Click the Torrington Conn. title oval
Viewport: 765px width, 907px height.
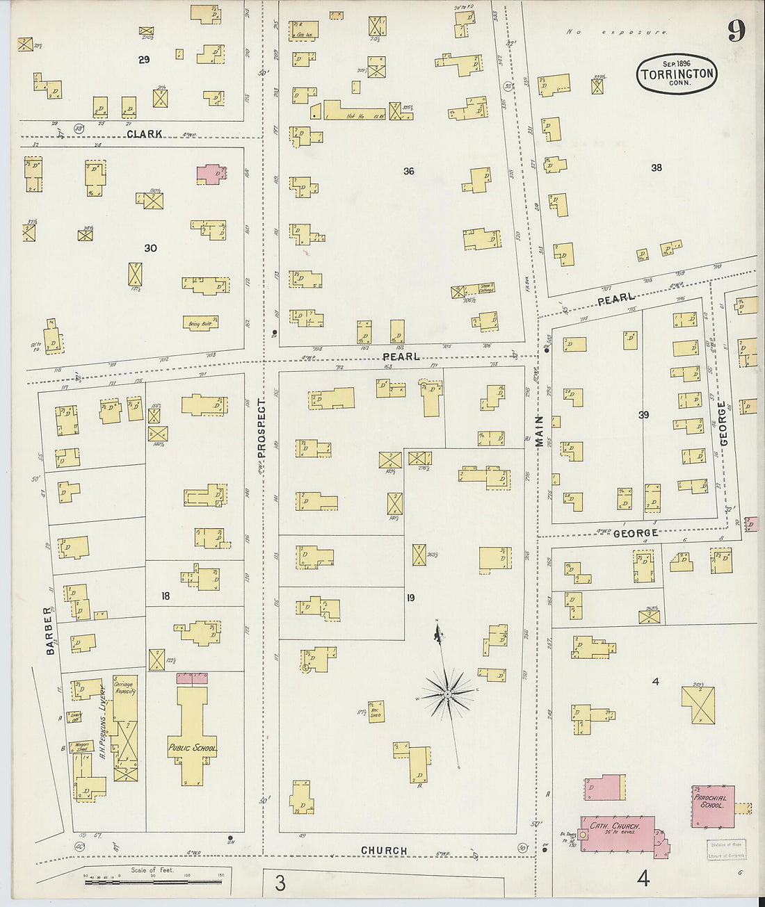pyautogui.click(x=676, y=74)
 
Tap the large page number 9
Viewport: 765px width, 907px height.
pyautogui.click(x=736, y=30)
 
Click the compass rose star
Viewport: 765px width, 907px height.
pyautogui.click(x=448, y=693)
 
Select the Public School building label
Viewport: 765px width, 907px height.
pyautogui.click(x=191, y=748)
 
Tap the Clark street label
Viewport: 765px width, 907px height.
pyautogui.click(x=144, y=133)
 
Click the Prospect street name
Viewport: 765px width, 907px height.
pyautogui.click(x=261, y=428)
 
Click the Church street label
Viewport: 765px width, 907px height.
pyautogui.click(x=384, y=851)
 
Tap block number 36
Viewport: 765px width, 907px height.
pyautogui.click(x=408, y=171)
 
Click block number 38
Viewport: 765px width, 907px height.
pyautogui.click(x=656, y=167)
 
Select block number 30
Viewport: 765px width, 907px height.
pyautogui.click(x=150, y=248)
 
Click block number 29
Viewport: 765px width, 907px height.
pyautogui.click(x=143, y=60)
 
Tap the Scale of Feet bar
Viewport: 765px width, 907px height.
pyautogui.click(x=152, y=881)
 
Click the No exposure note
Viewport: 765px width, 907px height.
pyautogui.click(x=616, y=32)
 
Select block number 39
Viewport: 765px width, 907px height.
pyautogui.click(x=643, y=415)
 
